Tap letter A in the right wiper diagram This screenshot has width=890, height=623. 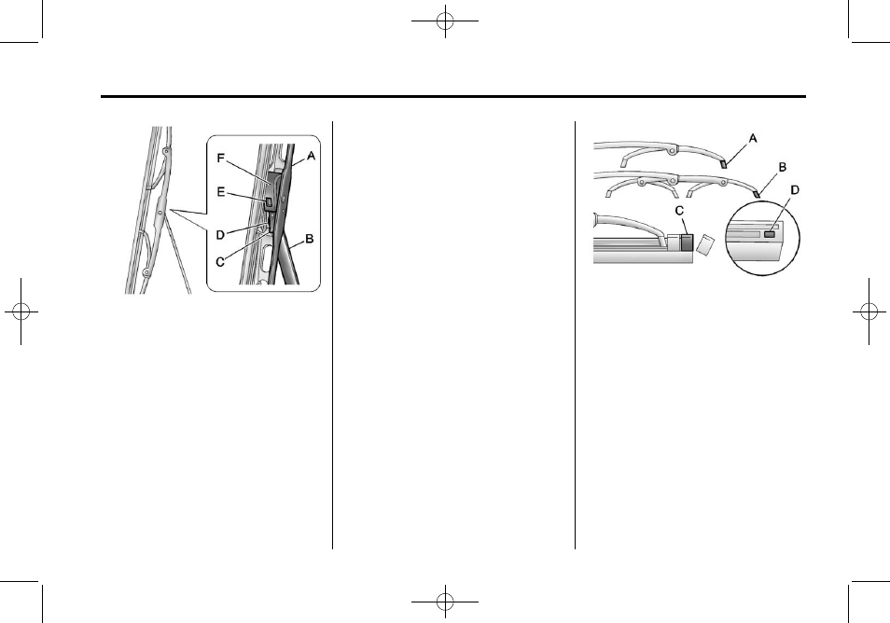[x=753, y=137]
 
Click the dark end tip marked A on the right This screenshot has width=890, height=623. [x=723, y=160]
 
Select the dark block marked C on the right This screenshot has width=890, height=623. [x=687, y=243]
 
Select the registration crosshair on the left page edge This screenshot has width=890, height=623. [x=21, y=312]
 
